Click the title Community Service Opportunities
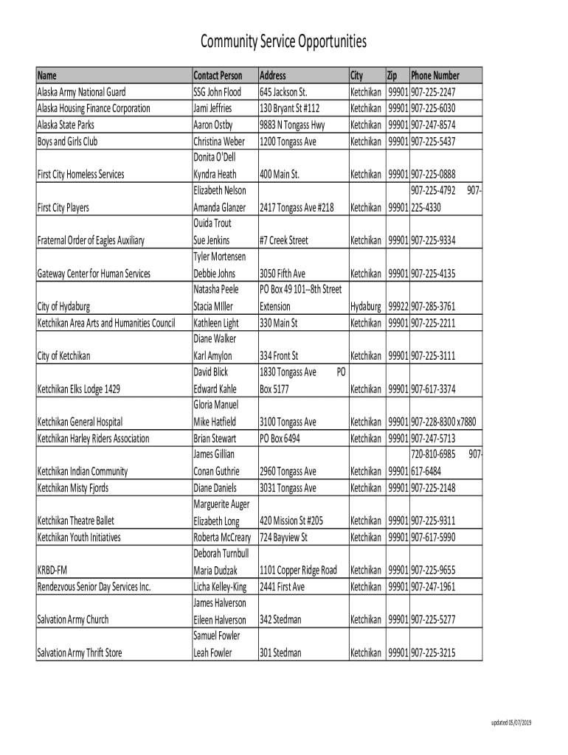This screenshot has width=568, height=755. point(284,42)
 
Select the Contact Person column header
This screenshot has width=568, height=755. point(218,75)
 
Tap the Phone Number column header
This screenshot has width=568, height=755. point(435,75)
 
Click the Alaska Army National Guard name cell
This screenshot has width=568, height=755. point(82,92)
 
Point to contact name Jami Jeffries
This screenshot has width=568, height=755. point(212,108)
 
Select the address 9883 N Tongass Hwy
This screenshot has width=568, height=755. point(292,125)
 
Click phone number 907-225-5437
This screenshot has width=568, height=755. point(433,141)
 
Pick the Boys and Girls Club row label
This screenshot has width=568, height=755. point(68,141)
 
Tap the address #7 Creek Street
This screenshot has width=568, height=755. point(284,240)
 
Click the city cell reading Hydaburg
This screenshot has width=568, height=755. point(366,307)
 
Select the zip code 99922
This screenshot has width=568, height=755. point(398,307)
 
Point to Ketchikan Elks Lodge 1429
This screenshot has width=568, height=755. point(79,389)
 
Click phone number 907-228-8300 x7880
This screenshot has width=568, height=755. point(443,422)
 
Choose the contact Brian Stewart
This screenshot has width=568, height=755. point(215,439)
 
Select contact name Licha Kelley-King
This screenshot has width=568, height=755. point(221,587)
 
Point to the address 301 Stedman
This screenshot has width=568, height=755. point(280,653)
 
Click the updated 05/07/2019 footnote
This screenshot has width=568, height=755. point(512,722)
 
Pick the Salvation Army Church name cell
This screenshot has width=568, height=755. point(73,620)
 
